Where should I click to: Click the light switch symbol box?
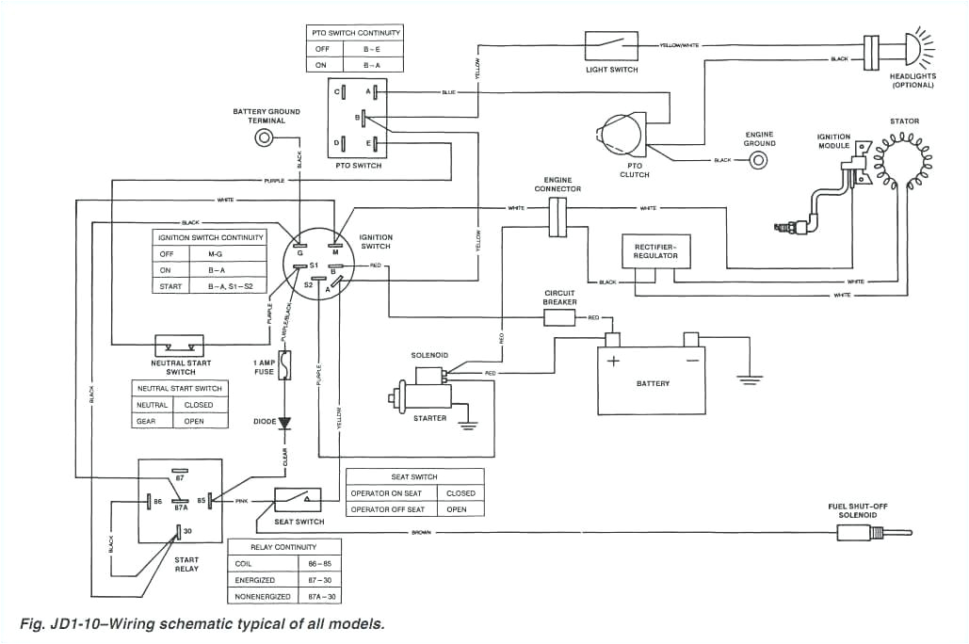(611, 45)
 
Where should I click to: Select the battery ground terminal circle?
(266, 138)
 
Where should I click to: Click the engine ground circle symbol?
(758, 160)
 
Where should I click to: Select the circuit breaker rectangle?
(559, 318)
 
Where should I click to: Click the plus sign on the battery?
(614, 362)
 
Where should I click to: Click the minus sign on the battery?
(690, 362)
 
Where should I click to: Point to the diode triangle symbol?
(284, 424)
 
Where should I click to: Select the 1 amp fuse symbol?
(285, 365)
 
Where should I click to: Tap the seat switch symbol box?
(297, 500)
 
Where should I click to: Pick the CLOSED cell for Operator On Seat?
(460, 493)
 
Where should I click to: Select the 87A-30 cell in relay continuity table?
(319, 596)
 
